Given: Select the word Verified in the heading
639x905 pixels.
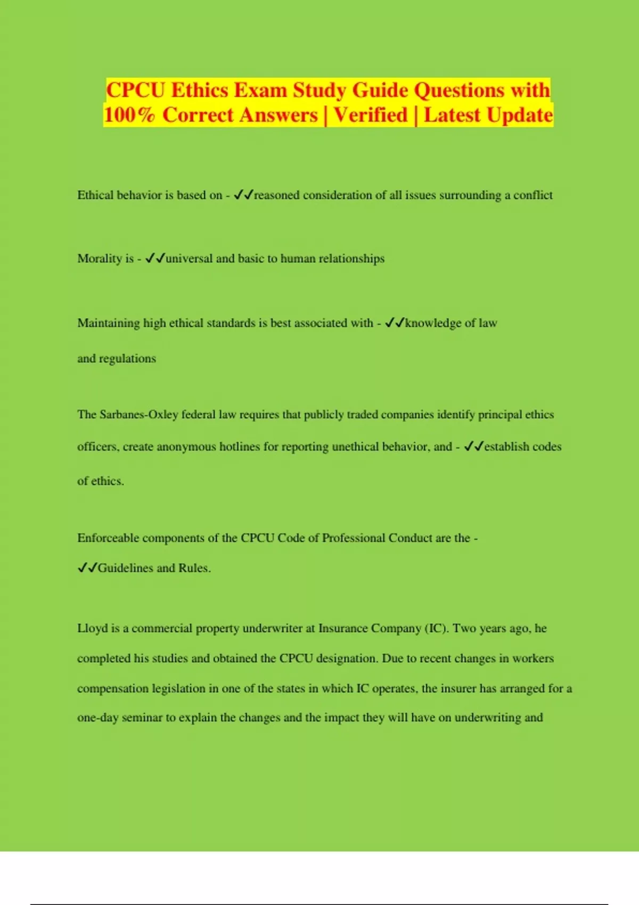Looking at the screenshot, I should point(371,115).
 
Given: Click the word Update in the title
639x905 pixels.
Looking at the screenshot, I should point(520,115).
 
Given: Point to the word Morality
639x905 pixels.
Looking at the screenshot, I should point(100,259).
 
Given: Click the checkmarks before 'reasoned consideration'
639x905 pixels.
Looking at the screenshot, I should point(243,195).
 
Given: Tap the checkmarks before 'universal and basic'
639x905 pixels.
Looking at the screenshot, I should point(155,259).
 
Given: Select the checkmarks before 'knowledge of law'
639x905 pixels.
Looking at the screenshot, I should point(394,323).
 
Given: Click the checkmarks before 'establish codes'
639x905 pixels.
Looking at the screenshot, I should point(473,447).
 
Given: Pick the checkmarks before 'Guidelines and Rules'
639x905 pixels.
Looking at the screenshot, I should point(87,568).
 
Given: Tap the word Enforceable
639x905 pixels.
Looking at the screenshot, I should point(108,538).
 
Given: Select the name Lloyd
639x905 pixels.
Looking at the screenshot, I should point(92,629).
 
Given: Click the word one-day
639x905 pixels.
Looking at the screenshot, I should point(97,718).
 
